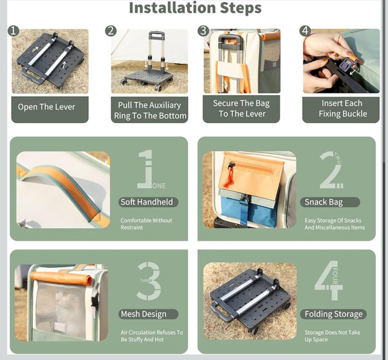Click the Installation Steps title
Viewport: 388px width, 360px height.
pyautogui.click(x=195, y=8)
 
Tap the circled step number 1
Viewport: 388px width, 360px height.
pyautogui.click(x=13, y=31)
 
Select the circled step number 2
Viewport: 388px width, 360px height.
pyautogui.click(x=111, y=31)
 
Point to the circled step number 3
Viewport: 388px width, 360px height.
pyautogui.click(x=203, y=31)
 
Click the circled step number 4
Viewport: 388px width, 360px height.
pyautogui.click(x=305, y=31)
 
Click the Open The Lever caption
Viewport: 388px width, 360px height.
pyautogui.click(x=47, y=107)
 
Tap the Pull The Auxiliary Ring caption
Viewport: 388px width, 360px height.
pyautogui.click(x=150, y=110)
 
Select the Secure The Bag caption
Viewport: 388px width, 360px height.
pyautogui.click(x=241, y=108)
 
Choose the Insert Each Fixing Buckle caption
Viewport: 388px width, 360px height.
pyautogui.click(x=343, y=108)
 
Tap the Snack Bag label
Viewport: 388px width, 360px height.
pyautogui.click(x=324, y=202)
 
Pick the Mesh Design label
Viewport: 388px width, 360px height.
pyautogui.click(x=144, y=314)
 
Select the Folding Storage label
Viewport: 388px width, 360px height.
pyautogui.click(x=333, y=314)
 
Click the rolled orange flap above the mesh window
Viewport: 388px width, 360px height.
pyautogui.click(x=61, y=278)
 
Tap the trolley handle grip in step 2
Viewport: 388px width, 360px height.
pyautogui.click(x=156, y=35)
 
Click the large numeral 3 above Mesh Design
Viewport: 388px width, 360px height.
pyautogui.click(x=149, y=281)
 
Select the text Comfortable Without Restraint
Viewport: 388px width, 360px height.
pyautogui.click(x=146, y=224)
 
